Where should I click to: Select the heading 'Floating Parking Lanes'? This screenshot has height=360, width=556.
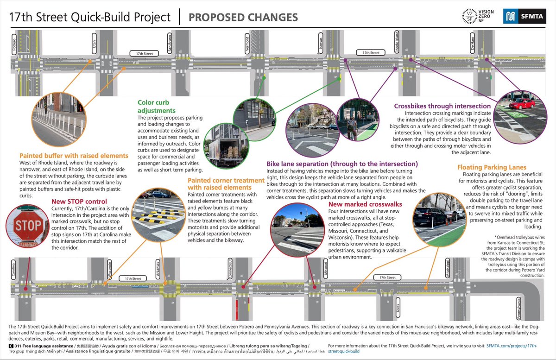coord(492,167)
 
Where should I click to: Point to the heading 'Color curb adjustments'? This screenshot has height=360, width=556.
coord(157,107)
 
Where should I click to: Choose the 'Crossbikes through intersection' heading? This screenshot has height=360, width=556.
coord(442,106)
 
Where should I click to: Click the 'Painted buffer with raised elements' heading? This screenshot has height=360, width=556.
coord(74,156)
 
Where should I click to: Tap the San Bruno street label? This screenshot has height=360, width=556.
coord(171,45)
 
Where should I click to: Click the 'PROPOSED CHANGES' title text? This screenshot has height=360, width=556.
coord(243,18)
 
